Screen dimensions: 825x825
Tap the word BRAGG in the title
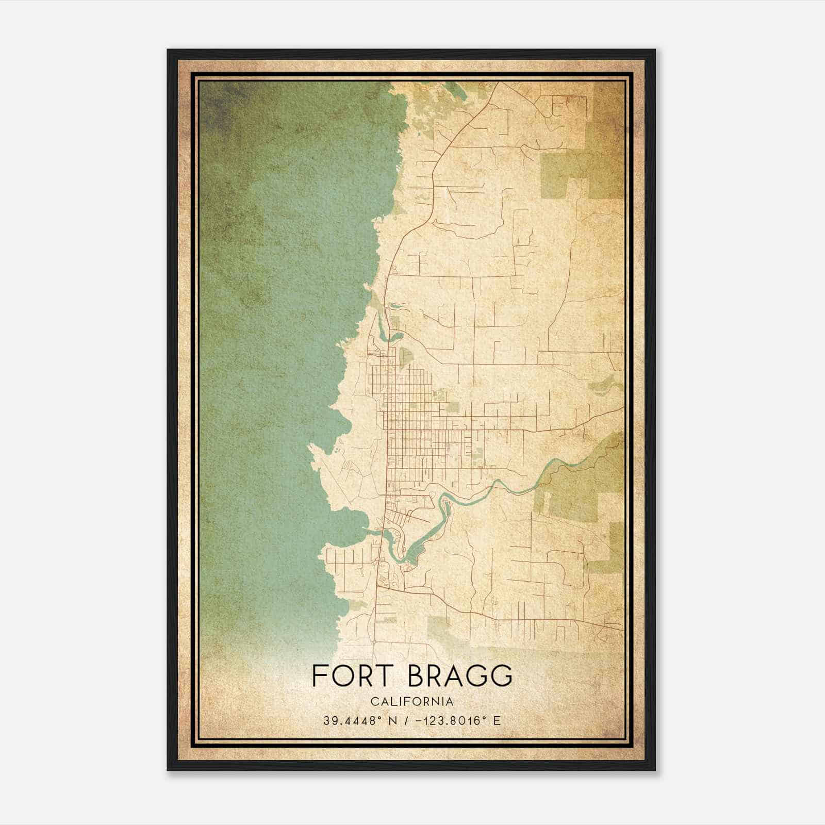click(x=460, y=676)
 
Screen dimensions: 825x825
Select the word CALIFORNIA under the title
click(x=411, y=702)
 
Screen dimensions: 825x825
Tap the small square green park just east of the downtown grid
click(x=453, y=407)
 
